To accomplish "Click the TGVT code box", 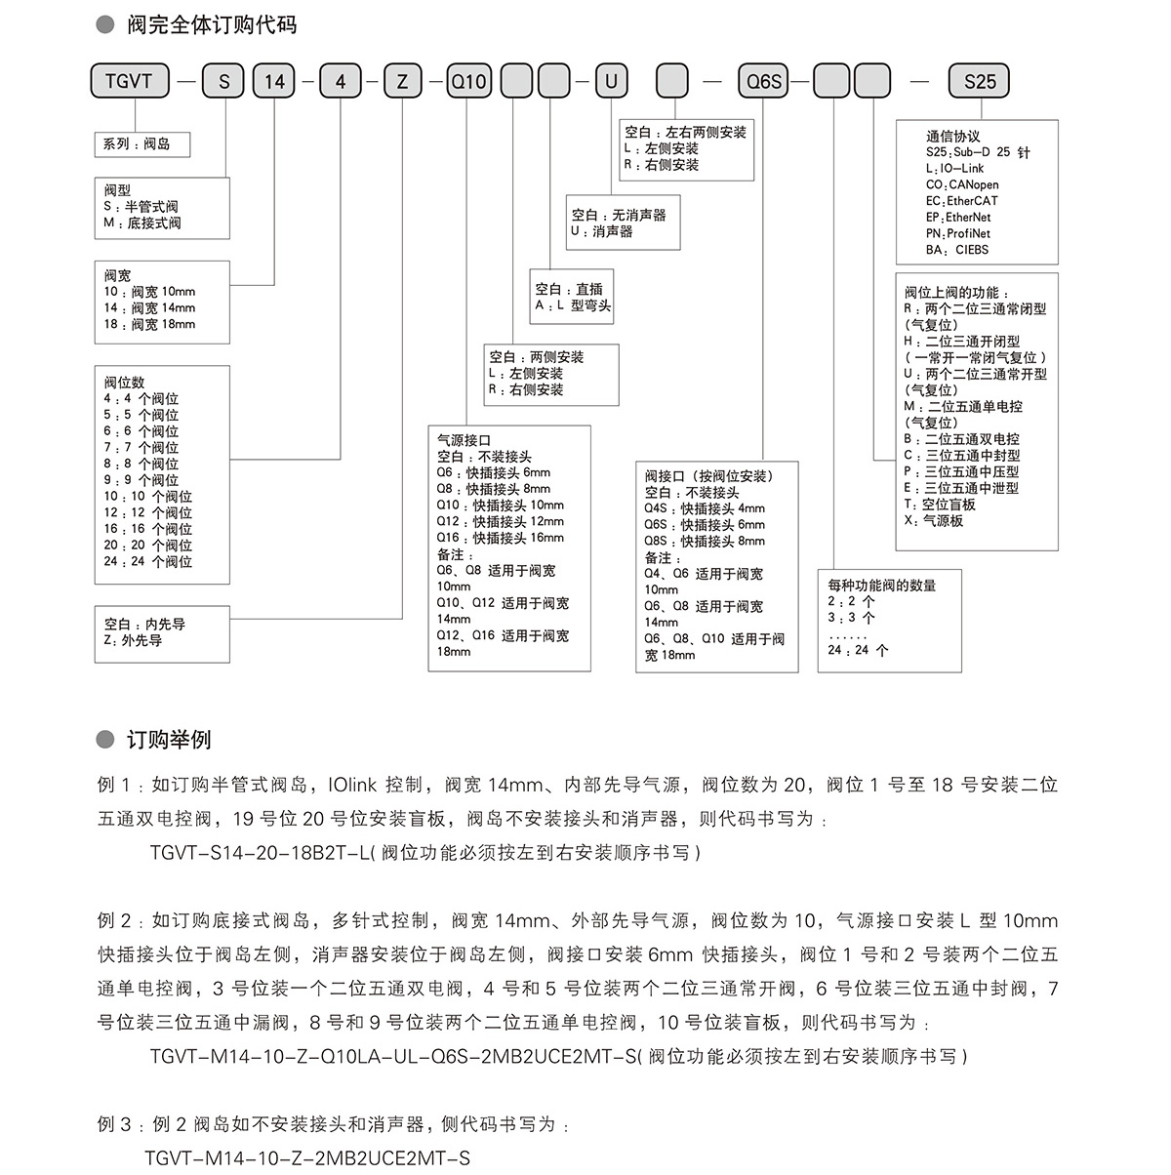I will (129, 82).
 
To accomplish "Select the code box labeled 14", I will (274, 82).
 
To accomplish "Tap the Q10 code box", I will (467, 82).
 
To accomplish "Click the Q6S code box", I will (764, 82).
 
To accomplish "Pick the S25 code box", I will (979, 82).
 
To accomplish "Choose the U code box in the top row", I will (611, 82).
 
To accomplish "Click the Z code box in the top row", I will (402, 82).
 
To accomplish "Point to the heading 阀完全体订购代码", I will (212, 25).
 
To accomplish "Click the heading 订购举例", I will (169, 740).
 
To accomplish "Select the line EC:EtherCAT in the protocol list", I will (961, 201).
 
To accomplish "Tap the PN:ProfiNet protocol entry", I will (957, 233).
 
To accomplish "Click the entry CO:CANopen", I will (962, 184).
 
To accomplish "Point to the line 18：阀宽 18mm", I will (149, 324).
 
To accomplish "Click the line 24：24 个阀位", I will (148, 561).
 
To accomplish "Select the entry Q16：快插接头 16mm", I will (500, 538).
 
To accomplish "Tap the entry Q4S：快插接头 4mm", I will (704, 508).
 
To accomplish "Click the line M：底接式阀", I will (142, 223).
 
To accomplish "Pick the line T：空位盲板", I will (940, 505).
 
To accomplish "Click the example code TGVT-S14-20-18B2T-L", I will (261, 852).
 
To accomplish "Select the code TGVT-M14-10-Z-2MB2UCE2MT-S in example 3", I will (307, 1158).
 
